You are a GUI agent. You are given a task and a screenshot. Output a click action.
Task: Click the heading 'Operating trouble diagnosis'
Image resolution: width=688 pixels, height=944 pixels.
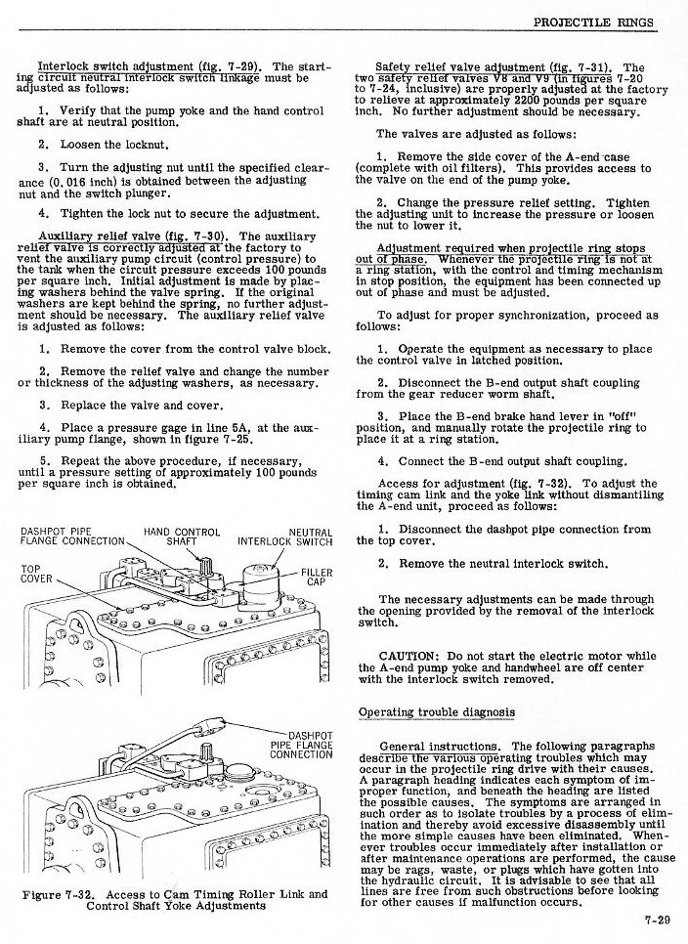pyautogui.click(x=436, y=711)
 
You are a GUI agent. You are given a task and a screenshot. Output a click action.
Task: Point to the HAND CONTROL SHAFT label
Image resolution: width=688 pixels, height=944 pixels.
pyautogui.click(x=182, y=537)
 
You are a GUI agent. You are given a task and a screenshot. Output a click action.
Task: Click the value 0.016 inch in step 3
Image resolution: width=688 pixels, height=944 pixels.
pyautogui.click(x=80, y=181)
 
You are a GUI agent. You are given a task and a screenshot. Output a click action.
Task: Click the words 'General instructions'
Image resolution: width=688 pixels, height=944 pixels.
pyautogui.click(x=440, y=746)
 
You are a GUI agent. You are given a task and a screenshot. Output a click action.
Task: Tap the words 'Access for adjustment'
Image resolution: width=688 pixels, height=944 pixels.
pyautogui.click(x=433, y=482)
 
